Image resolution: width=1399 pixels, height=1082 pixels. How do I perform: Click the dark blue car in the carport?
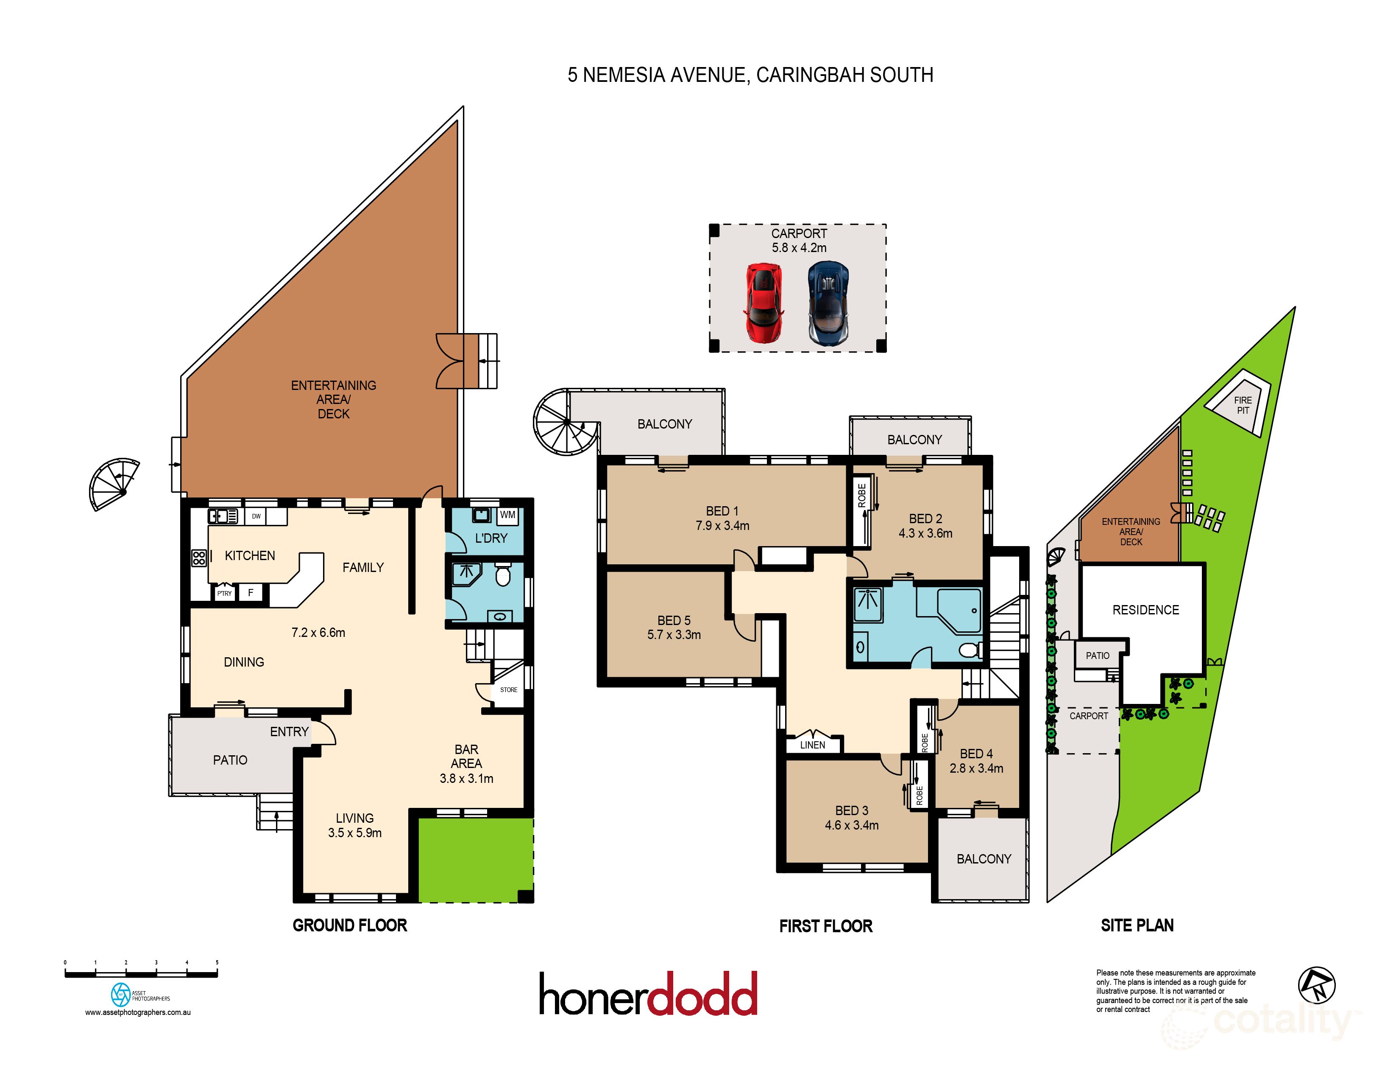[828, 303]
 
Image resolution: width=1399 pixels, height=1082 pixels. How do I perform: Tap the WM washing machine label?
[507, 515]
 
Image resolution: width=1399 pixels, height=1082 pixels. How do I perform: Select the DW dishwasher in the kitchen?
[256, 516]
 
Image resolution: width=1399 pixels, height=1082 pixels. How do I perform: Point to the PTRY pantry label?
[224, 594]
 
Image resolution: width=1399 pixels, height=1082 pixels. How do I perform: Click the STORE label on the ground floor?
[509, 690]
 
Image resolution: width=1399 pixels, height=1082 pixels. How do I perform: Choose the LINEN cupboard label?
[812, 745]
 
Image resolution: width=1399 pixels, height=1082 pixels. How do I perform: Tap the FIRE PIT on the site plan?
[1243, 405]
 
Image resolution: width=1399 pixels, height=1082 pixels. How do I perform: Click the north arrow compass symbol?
[1316, 985]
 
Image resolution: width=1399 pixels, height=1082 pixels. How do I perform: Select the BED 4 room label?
[976, 754]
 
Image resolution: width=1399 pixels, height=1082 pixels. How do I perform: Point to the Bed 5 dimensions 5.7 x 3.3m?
[674, 635]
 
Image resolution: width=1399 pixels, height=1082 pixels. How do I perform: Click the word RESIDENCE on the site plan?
[1145, 610]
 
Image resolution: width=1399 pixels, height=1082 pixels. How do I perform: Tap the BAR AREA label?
[466, 757]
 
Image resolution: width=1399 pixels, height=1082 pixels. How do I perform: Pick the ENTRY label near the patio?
[289, 732]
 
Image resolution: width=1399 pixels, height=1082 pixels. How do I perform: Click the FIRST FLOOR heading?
[826, 926]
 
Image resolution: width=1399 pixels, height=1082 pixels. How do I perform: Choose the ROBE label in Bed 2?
[862, 496]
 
